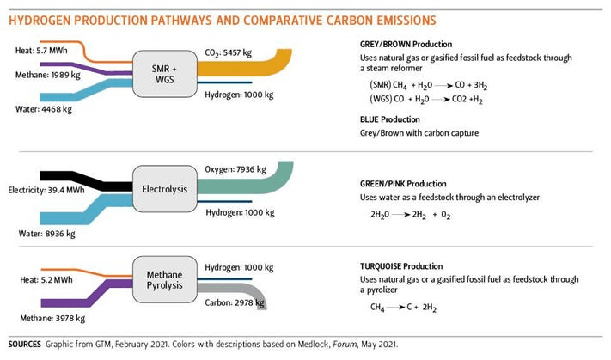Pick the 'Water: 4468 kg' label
(35, 109)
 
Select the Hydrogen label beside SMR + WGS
(236, 92)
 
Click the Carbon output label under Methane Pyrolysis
(233, 302)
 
